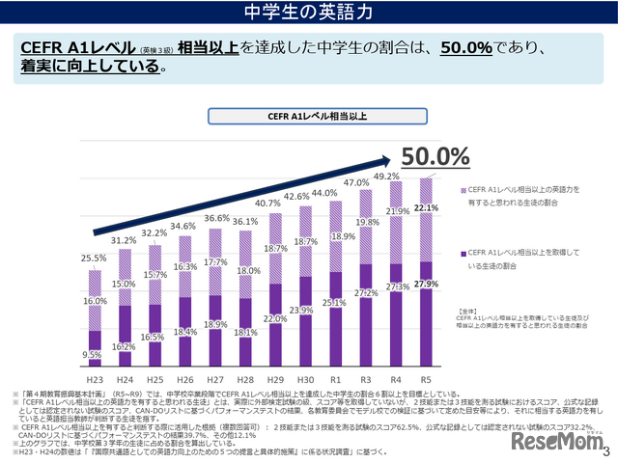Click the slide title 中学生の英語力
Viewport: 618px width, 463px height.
(309, 12)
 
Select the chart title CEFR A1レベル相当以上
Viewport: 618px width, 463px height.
(309, 117)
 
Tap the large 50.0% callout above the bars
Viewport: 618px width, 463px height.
(435, 156)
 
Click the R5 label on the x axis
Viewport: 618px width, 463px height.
(425, 382)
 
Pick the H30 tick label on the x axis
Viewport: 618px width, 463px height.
(305, 382)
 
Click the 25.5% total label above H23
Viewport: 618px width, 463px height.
(94, 259)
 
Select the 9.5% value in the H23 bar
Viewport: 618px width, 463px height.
(93, 355)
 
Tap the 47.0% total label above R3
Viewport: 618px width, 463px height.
(356, 182)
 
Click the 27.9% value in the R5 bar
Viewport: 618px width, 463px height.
(426, 284)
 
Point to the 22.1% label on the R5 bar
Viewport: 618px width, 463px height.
(426, 207)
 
